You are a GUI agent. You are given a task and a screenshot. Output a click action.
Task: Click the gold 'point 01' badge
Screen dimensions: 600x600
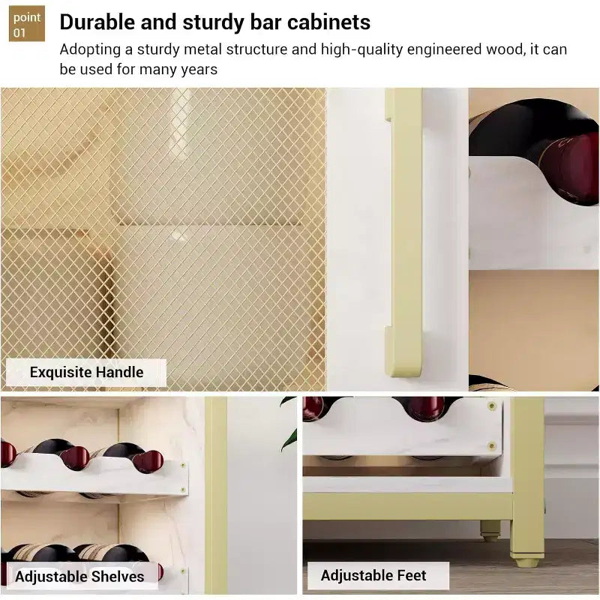tap(27, 23)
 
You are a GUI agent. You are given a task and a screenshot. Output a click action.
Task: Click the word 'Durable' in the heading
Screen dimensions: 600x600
tap(97, 22)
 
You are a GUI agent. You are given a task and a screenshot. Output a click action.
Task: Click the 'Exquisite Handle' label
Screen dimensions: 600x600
tap(86, 372)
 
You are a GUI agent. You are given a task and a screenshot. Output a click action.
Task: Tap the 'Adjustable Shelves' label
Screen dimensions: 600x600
tap(79, 576)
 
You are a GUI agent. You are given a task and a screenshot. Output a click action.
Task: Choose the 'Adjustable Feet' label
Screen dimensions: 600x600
tap(373, 575)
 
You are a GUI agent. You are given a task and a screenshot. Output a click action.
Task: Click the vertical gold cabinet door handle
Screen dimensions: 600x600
tap(405, 232)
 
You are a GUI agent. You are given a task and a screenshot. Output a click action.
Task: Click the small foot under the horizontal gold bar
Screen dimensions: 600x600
tap(490, 532)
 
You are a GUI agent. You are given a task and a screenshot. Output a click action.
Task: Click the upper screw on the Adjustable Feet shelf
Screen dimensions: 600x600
tap(492, 406)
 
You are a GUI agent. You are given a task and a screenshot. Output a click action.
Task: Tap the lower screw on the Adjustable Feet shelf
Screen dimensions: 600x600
tap(492, 445)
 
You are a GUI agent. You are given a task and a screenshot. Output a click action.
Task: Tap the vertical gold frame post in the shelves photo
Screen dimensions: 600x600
tap(216, 495)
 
